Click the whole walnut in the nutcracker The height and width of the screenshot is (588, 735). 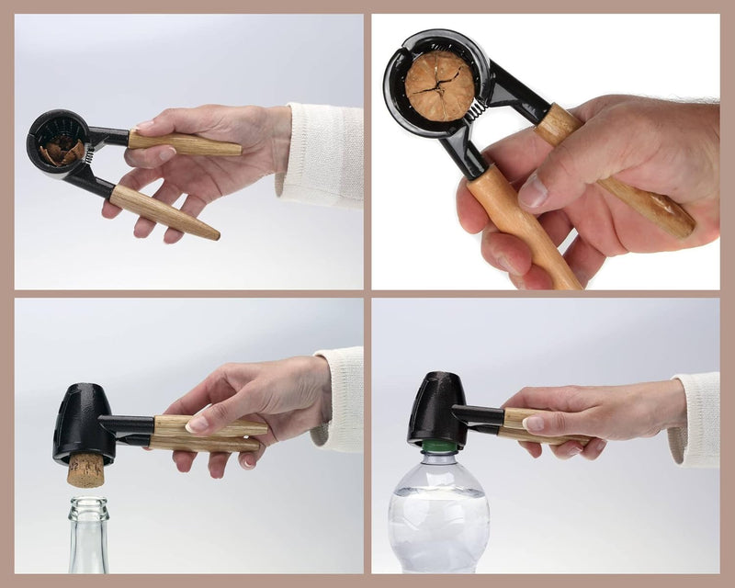coord(441,85)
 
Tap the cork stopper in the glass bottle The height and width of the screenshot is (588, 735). coord(87,469)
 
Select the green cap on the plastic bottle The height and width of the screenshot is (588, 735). coord(438,448)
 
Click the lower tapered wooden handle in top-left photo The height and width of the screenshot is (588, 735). coord(164,211)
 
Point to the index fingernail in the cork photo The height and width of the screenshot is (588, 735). coord(198,424)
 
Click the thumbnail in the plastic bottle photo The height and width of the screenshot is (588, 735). coord(534,424)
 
